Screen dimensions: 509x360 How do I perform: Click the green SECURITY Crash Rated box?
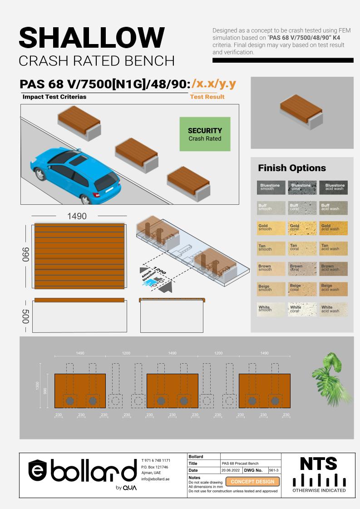(205, 134)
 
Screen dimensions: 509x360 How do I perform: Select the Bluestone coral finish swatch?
(302, 188)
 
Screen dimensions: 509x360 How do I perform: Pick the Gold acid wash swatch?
(333, 228)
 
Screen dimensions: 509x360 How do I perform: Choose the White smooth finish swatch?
(271, 310)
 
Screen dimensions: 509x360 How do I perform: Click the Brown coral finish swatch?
(302, 269)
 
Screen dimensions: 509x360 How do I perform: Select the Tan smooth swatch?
(271, 248)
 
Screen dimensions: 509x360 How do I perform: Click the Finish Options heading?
(292, 168)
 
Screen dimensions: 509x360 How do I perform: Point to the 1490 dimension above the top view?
(77, 216)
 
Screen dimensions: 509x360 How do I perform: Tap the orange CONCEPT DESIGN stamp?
(253, 481)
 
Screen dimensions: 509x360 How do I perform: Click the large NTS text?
(318, 464)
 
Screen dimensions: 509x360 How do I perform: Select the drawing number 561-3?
(273, 470)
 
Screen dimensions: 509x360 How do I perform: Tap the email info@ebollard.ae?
(155, 479)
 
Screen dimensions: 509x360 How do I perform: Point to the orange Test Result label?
(207, 97)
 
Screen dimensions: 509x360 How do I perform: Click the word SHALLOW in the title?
(92, 37)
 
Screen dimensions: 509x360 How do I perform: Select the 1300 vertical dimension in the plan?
(37, 385)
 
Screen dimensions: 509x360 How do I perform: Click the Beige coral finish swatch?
(302, 289)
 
